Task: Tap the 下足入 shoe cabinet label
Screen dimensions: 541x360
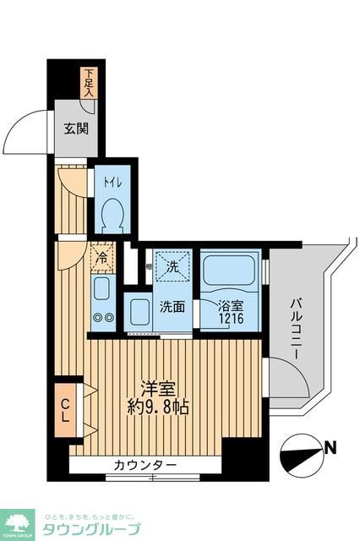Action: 89,83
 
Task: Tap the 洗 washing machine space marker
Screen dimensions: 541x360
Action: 172,265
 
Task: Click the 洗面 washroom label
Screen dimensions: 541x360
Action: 174,307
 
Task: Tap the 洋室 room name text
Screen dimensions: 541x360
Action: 157,390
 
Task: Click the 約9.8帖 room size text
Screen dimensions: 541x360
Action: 159,407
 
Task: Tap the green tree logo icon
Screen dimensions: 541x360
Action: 16,521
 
